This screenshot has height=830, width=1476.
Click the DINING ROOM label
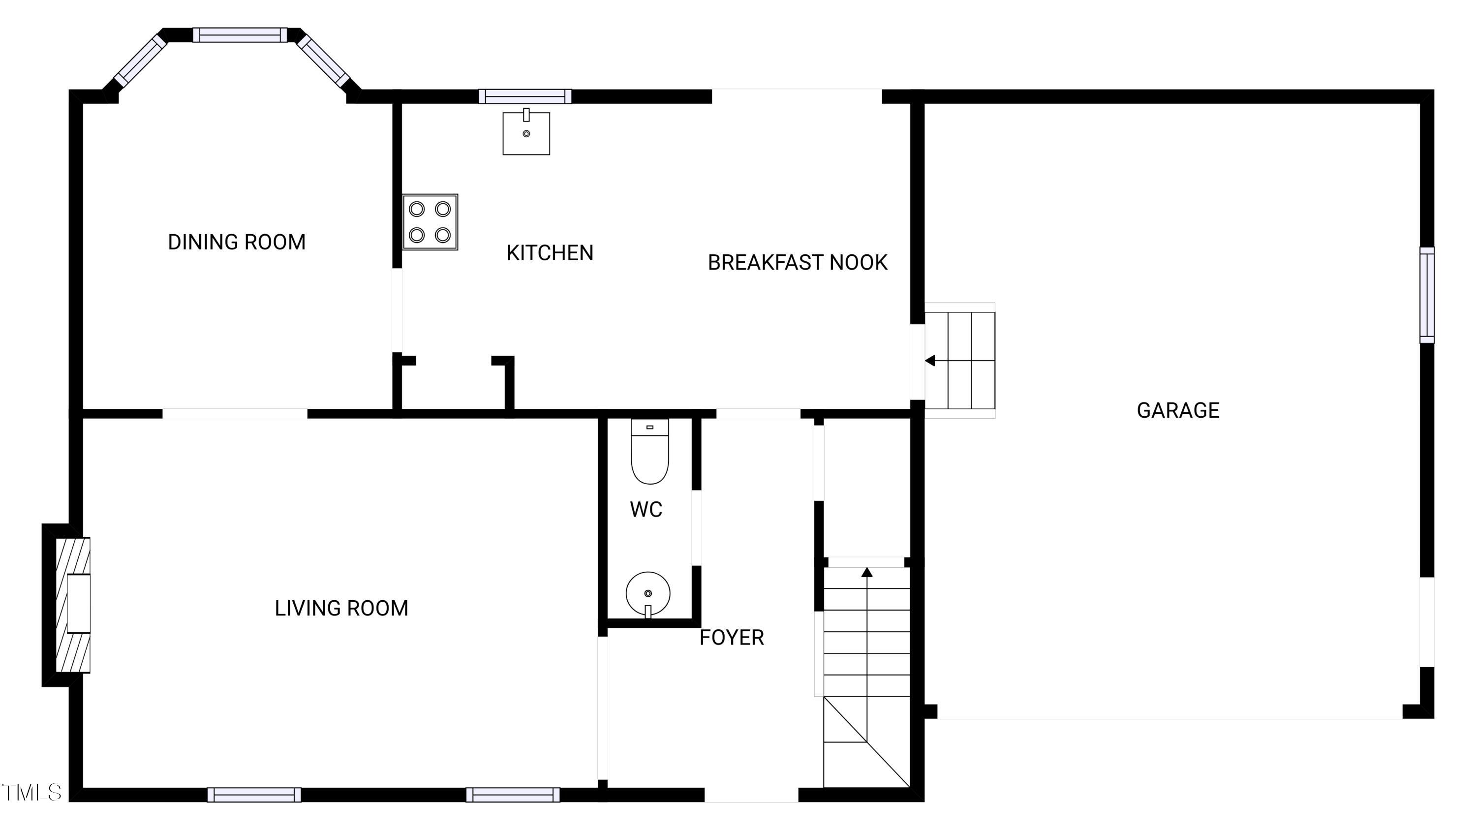[237, 242]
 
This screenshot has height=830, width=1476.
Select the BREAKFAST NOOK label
[797, 263]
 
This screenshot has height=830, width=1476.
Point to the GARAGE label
[1177, 411]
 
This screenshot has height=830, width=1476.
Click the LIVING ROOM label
[341, 608]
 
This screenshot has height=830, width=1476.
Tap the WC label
[646, 509]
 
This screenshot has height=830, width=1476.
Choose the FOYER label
[732, 638]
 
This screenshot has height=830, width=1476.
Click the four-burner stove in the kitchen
[430, 222]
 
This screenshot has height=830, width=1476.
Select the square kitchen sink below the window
[526, 133]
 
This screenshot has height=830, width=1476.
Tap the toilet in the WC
[650, 453]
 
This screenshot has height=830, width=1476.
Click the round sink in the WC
[648, 593]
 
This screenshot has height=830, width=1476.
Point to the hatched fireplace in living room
[73, 605]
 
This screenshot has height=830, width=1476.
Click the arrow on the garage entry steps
[930, 361]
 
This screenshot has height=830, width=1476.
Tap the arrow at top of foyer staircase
[867, 572]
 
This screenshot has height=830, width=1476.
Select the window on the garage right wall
[1427, 295]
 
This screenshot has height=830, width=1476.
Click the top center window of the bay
[240, 35]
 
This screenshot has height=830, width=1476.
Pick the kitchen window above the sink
[525, 96]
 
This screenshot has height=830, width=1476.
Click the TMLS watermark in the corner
[31, 792]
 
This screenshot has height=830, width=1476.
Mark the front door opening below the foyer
[751, 795]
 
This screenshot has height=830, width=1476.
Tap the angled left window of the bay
[140, 60]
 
